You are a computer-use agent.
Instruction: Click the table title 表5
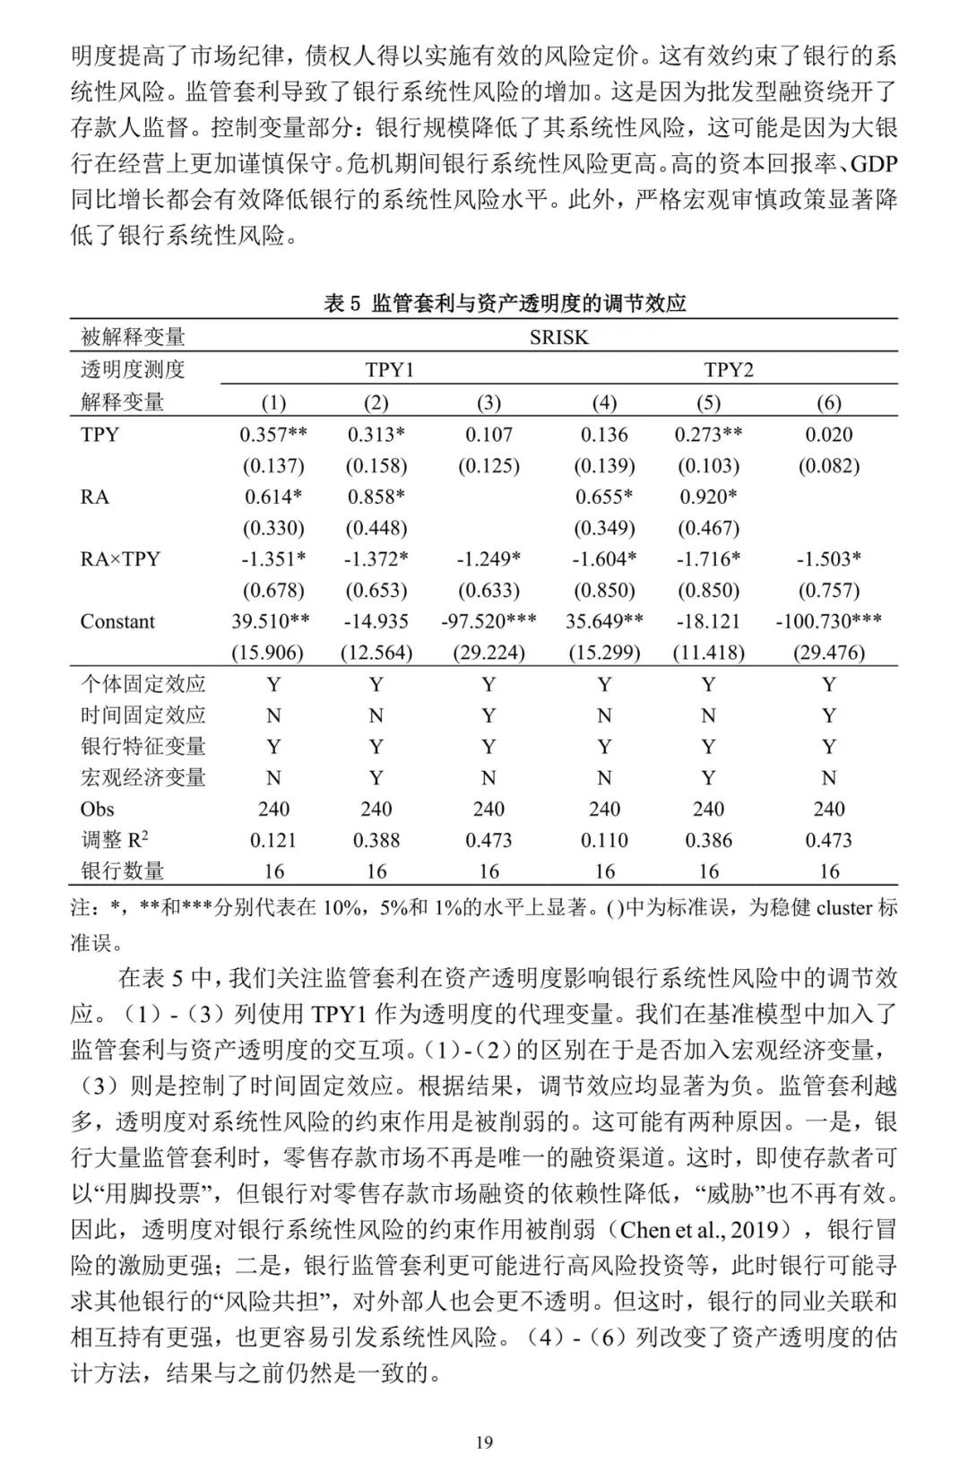(x=505, y=303)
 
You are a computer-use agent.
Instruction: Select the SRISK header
(x=558, y=337)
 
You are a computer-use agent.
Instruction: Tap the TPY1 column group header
(x=390, y=369)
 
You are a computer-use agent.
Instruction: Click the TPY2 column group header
(x=729, y=369)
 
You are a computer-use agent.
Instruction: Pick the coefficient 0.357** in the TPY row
(x=273, y=435)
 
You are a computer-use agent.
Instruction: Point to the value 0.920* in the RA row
(x=708, y=497)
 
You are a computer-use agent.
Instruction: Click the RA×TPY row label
(x=120, y=559)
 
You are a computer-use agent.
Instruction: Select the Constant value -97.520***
(x=488, y=621)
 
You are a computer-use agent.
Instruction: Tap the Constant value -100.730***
(x=829, y=621)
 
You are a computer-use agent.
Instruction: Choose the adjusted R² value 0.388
(x=376, y=840)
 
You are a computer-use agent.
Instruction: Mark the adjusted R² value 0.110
(x=604, y=840)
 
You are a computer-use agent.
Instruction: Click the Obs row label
(x=97, y=809)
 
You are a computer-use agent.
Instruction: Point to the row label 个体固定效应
(x=143, y=684)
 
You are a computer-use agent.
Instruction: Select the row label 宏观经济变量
(x=143, y=777)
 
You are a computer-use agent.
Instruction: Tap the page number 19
(x=484, y=1442)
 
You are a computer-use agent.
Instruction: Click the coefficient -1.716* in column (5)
(x=708, y=559)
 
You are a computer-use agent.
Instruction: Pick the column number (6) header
(x=829, y=403)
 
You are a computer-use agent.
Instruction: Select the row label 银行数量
(x=123, y=871)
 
